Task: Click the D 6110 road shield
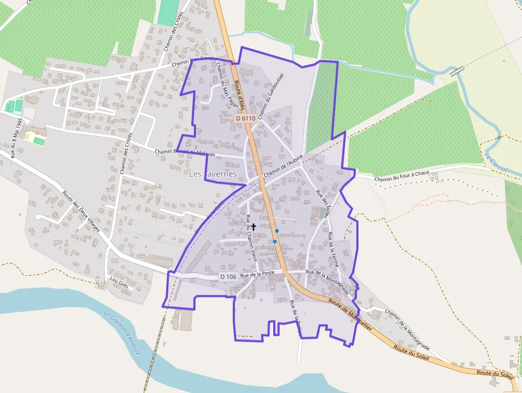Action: pos(246,118)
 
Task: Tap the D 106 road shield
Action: pos(228,277)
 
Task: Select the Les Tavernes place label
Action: pos(213,174)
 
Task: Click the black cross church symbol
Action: pos(254,227)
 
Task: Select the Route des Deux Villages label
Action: pos(81,211)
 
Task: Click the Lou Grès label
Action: pos(119,282)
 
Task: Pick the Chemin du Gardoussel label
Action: pos(270,97)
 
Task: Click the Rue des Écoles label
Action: pos(323,200)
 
